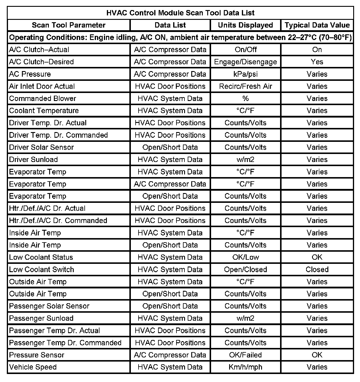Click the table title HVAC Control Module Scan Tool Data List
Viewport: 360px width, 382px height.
180,13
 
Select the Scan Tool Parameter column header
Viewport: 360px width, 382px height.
69,25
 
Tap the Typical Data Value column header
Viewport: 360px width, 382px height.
317,25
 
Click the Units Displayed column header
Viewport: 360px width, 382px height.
245,25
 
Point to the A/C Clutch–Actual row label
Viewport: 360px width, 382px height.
39,49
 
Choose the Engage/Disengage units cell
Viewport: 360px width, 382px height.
245,62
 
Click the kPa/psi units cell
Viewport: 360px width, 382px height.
245,74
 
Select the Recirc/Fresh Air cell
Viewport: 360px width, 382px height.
245,86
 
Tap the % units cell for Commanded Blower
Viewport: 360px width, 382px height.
245,98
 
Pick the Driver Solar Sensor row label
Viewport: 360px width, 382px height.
41,147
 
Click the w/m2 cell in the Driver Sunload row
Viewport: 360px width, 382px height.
245,160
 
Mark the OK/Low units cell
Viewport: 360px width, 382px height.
245,257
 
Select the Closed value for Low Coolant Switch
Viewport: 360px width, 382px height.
317,269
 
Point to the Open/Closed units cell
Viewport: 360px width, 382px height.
245,269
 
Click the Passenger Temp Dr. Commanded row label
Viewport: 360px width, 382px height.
65,343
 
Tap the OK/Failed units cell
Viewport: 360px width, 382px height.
245,355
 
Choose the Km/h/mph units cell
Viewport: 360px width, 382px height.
245,367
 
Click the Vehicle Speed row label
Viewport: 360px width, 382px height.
33,367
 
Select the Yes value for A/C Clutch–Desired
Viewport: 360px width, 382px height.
317,62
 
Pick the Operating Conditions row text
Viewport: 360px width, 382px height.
180,38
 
